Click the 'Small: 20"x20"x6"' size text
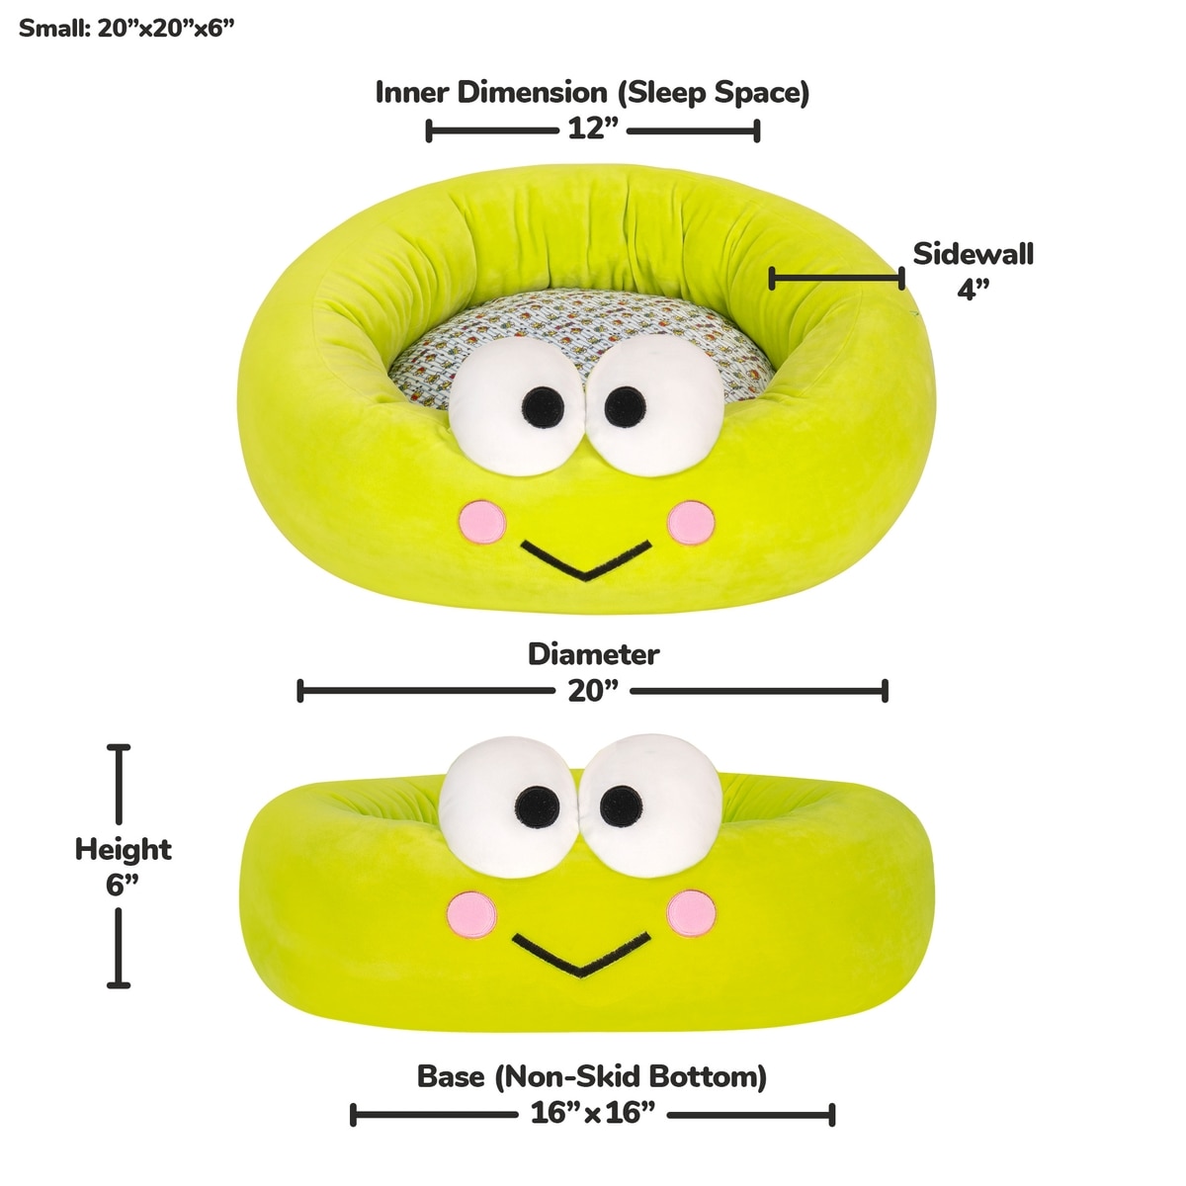[127, 27]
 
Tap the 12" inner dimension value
[593, 129]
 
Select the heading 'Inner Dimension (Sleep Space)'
[592, 93]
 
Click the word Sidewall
[973, 254]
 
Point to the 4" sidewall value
[973, 290]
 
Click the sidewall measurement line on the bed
[836, 279]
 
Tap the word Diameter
[593, 654]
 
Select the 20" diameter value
[593, 691]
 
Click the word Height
[124, 849]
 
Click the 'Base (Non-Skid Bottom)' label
[592, 1076]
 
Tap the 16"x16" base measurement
[593, 1114]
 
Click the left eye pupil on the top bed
[543, 403]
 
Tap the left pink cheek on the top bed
[483, 521]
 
